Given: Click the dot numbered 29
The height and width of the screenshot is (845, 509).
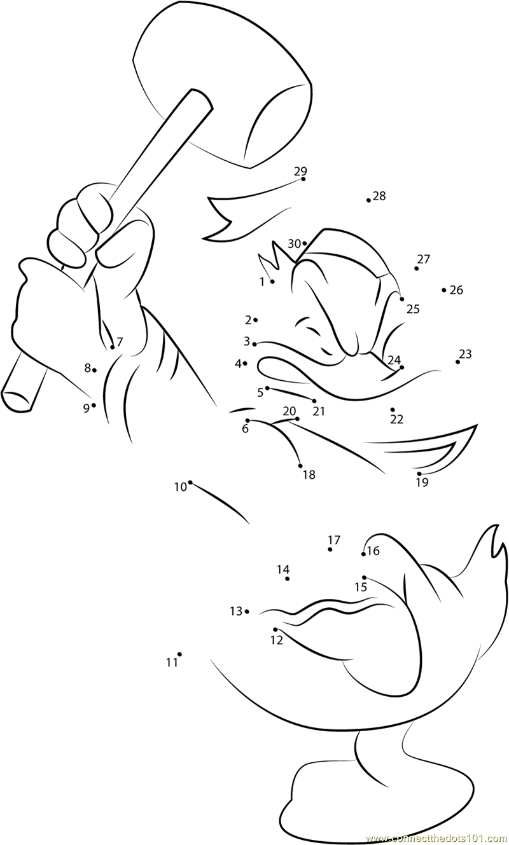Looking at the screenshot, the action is click(x=303, y=179).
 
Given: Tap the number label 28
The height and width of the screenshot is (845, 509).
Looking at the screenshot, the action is click(x=379, y=196).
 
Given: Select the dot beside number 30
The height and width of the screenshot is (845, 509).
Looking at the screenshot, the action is click(x=304, y=244).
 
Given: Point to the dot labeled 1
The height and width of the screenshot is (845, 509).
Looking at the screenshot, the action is click(x=272, y=282).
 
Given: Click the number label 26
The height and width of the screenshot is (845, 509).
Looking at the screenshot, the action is click(x=456, y=290).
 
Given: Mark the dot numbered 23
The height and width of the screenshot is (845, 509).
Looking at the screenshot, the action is click(x=457, y=362).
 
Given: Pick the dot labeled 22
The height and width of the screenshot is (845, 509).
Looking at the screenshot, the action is click(x=393, y=409).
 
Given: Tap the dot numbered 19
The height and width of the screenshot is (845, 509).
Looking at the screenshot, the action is click(x=419, y=474).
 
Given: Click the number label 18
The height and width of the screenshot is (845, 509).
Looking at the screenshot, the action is click(x=309, y=474).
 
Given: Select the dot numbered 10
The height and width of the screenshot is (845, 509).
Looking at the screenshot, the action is click(x=190, y=482).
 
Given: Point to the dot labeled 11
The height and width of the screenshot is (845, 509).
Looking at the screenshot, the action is click(x=179, y=654).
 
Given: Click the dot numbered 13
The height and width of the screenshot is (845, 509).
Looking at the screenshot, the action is click(x=247, y=612).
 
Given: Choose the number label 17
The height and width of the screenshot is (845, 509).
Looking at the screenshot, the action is click(x=334, y=540).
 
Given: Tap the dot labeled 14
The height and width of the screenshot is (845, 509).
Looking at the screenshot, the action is click(x=288, y=579).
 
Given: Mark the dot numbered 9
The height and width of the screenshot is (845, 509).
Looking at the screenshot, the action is click(x=94, y=405).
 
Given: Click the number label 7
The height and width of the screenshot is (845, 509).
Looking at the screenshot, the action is click(x=120, y=342).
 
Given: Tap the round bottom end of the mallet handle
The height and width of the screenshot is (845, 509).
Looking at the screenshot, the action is click(x=16, y=400).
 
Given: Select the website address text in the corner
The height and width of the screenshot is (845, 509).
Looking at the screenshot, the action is click(x=437, y=839).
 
